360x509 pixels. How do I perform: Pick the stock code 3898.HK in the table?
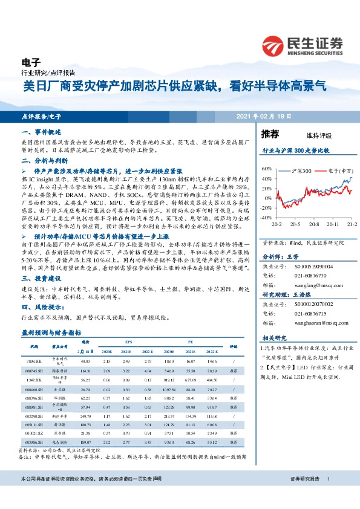coord(34,360)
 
